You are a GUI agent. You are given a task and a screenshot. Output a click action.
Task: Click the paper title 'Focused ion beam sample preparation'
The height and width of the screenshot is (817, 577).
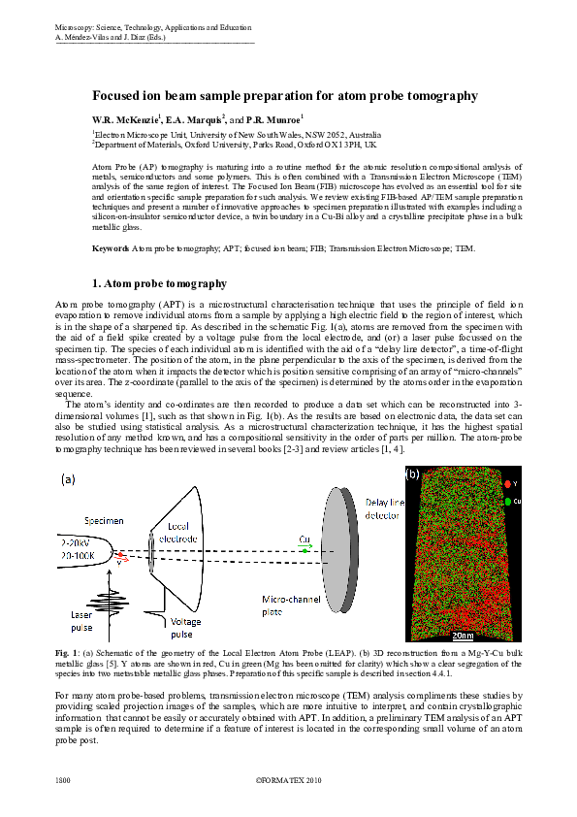point(284,96)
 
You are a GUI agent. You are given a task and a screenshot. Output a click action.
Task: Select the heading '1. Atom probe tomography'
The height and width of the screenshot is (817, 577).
point(159,284)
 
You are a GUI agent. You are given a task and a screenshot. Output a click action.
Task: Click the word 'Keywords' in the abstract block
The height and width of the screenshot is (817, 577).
point(111,249)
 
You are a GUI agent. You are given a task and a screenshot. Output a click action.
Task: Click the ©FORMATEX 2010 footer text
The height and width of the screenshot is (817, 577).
point(288,779)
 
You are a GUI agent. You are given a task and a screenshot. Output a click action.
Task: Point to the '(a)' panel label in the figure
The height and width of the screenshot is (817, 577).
point(69,479)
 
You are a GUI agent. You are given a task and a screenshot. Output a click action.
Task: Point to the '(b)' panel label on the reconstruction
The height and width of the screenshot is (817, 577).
point(414,474)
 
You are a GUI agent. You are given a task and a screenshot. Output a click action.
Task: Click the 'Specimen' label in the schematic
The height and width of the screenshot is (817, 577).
point(102,521)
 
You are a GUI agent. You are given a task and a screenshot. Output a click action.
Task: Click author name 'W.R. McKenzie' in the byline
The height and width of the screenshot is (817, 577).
point(124,117)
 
